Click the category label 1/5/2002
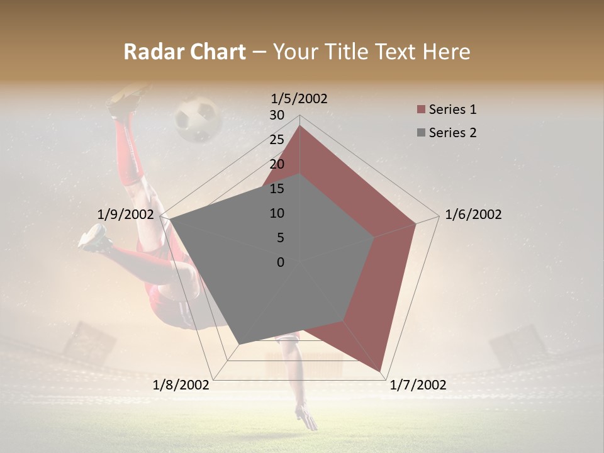coord(299,98)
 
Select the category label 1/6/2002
coord(473,215)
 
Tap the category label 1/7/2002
coord(418,385)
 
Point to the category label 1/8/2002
coord(181,385)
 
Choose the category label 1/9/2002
coord(125,215)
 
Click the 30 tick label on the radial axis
coord(277,115)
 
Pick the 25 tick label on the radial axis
coord(277,140)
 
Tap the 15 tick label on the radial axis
coord(277,189)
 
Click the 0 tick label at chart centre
coord(281,262)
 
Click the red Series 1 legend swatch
coord(421,110)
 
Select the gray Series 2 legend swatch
coord(421,133)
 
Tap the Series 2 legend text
coord(452,133)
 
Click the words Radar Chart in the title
coord(184,52)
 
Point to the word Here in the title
coord(447,52)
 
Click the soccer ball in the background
coord(197,119)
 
